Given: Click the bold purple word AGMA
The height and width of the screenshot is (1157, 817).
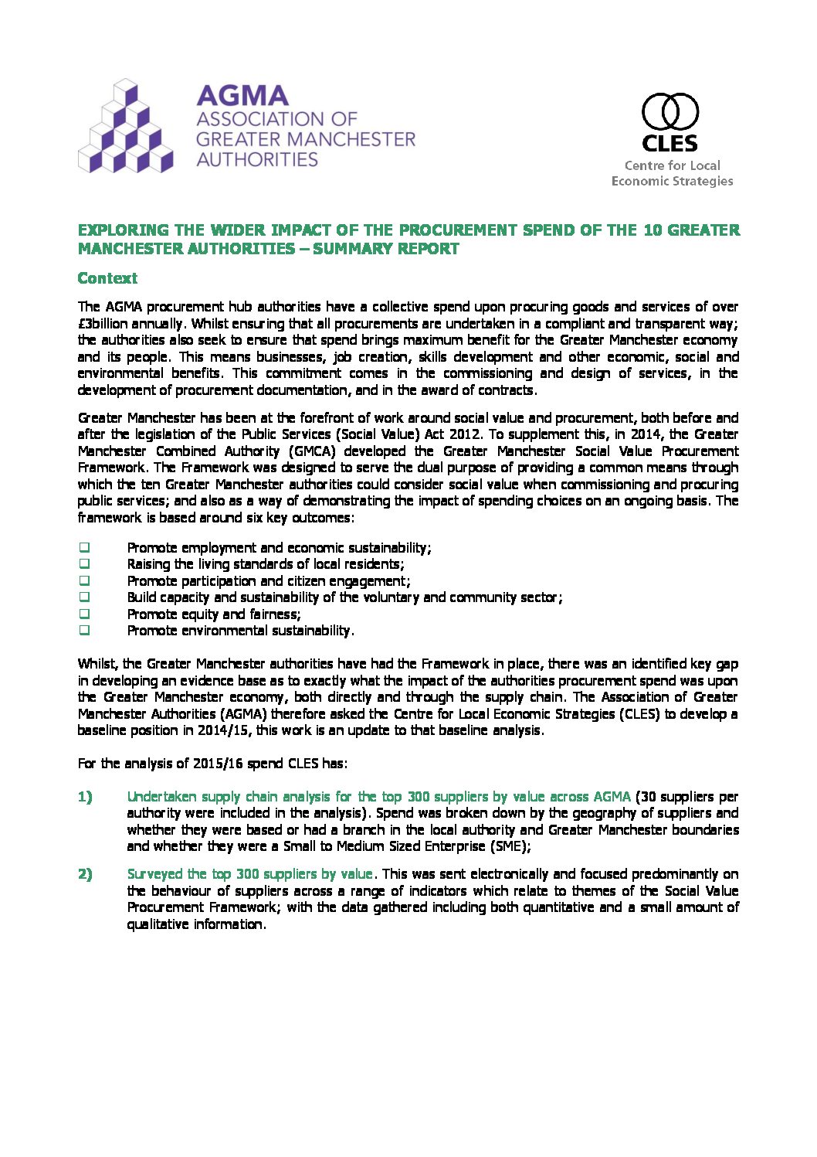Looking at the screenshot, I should coord(242,96).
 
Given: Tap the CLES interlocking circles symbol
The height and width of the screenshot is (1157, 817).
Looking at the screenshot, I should coord(670,112).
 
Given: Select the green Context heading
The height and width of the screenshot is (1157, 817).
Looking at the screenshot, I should coord(107,278).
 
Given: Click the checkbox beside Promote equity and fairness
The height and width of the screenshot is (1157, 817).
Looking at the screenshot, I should coord(84,614).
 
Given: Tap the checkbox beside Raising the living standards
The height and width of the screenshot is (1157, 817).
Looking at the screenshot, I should coord(84,564).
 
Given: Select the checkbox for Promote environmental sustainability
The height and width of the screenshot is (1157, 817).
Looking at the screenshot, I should coord(84,631).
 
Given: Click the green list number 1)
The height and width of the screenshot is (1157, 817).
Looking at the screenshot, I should coord(85,797).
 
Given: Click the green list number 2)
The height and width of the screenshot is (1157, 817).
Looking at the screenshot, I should coord(85,874).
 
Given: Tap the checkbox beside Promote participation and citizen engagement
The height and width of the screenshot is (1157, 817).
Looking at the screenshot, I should coord(84,580).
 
